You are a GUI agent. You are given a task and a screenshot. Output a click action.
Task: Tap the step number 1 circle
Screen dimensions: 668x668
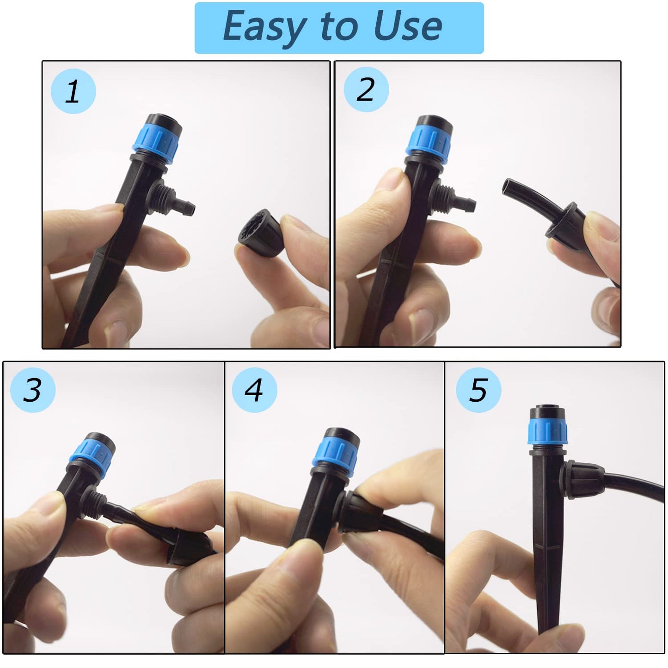(x=73, y=91)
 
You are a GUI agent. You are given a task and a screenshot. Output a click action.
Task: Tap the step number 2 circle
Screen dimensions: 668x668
(x=366, y=89)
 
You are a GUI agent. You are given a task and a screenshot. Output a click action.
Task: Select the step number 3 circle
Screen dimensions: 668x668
(x=32, y=390)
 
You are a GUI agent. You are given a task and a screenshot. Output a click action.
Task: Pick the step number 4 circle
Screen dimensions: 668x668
(x=254, y=390)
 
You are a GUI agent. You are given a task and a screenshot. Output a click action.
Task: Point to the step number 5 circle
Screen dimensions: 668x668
(x=478, y=390)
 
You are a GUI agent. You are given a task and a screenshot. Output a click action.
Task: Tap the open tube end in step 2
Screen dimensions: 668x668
(x=509, y=187)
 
